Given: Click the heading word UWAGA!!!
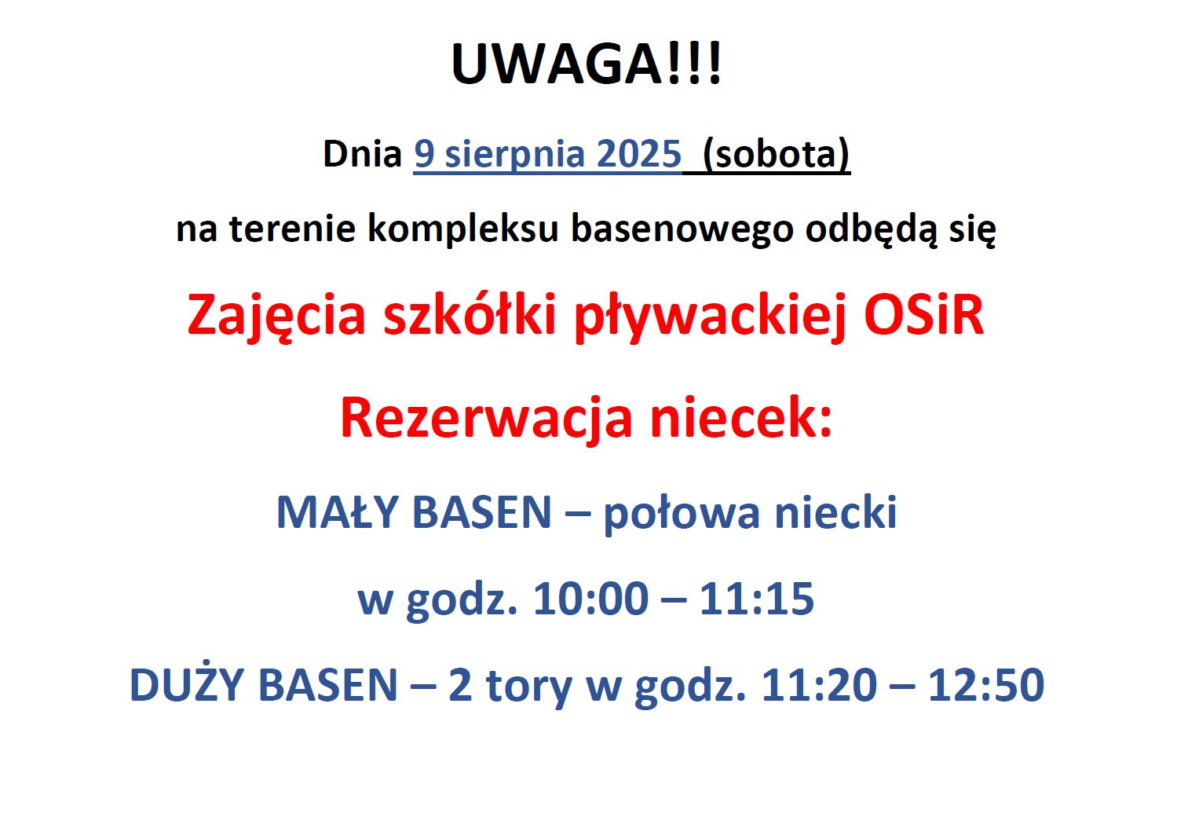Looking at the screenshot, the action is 587,63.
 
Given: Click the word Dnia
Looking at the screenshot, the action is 362,154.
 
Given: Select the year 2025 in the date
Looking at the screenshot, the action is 639,154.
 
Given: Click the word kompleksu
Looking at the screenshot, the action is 462,230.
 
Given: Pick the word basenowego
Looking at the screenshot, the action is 682,230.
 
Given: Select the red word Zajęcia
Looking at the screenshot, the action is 276,317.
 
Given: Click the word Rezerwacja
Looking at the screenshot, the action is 486,419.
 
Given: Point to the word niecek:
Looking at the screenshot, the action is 741,417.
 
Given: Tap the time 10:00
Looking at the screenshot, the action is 590,599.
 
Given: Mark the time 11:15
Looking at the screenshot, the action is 757,599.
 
